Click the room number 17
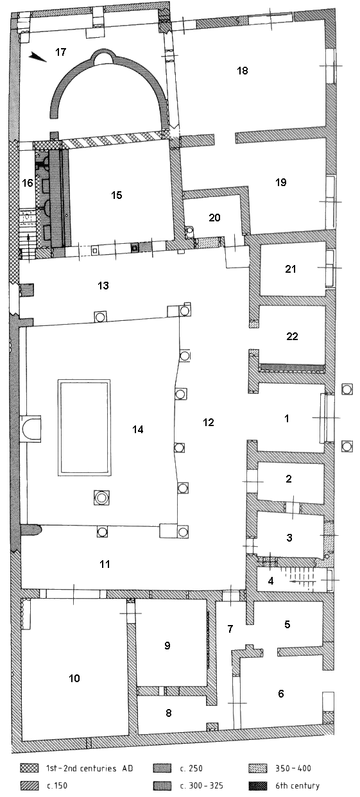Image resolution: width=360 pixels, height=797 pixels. (61, 52)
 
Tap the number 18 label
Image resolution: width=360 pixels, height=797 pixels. (243, 71)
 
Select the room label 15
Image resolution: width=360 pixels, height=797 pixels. (117, 195)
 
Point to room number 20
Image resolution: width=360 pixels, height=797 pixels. (214, 218)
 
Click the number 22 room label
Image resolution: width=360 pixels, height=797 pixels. (292, 336)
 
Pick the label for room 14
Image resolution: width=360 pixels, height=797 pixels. (138, 429)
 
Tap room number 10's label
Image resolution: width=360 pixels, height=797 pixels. (74, 678)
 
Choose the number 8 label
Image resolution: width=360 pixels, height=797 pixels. (169, 713)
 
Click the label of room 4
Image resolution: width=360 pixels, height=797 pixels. (271, 581)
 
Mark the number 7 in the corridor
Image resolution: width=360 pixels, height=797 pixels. (230, 629)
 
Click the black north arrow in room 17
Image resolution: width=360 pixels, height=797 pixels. (38, 56)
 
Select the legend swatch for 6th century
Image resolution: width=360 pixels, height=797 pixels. (258, 785)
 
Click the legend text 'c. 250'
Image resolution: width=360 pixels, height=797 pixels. (191, 768)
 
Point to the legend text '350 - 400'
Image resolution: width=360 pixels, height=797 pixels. (293, 768)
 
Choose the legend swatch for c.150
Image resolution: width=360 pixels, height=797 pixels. (30, 785)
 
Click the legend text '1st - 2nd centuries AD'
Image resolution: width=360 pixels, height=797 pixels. (89, 768)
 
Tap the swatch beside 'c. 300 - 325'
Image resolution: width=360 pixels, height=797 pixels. (162, 785)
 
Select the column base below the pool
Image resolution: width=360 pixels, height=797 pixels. (101, 497)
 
